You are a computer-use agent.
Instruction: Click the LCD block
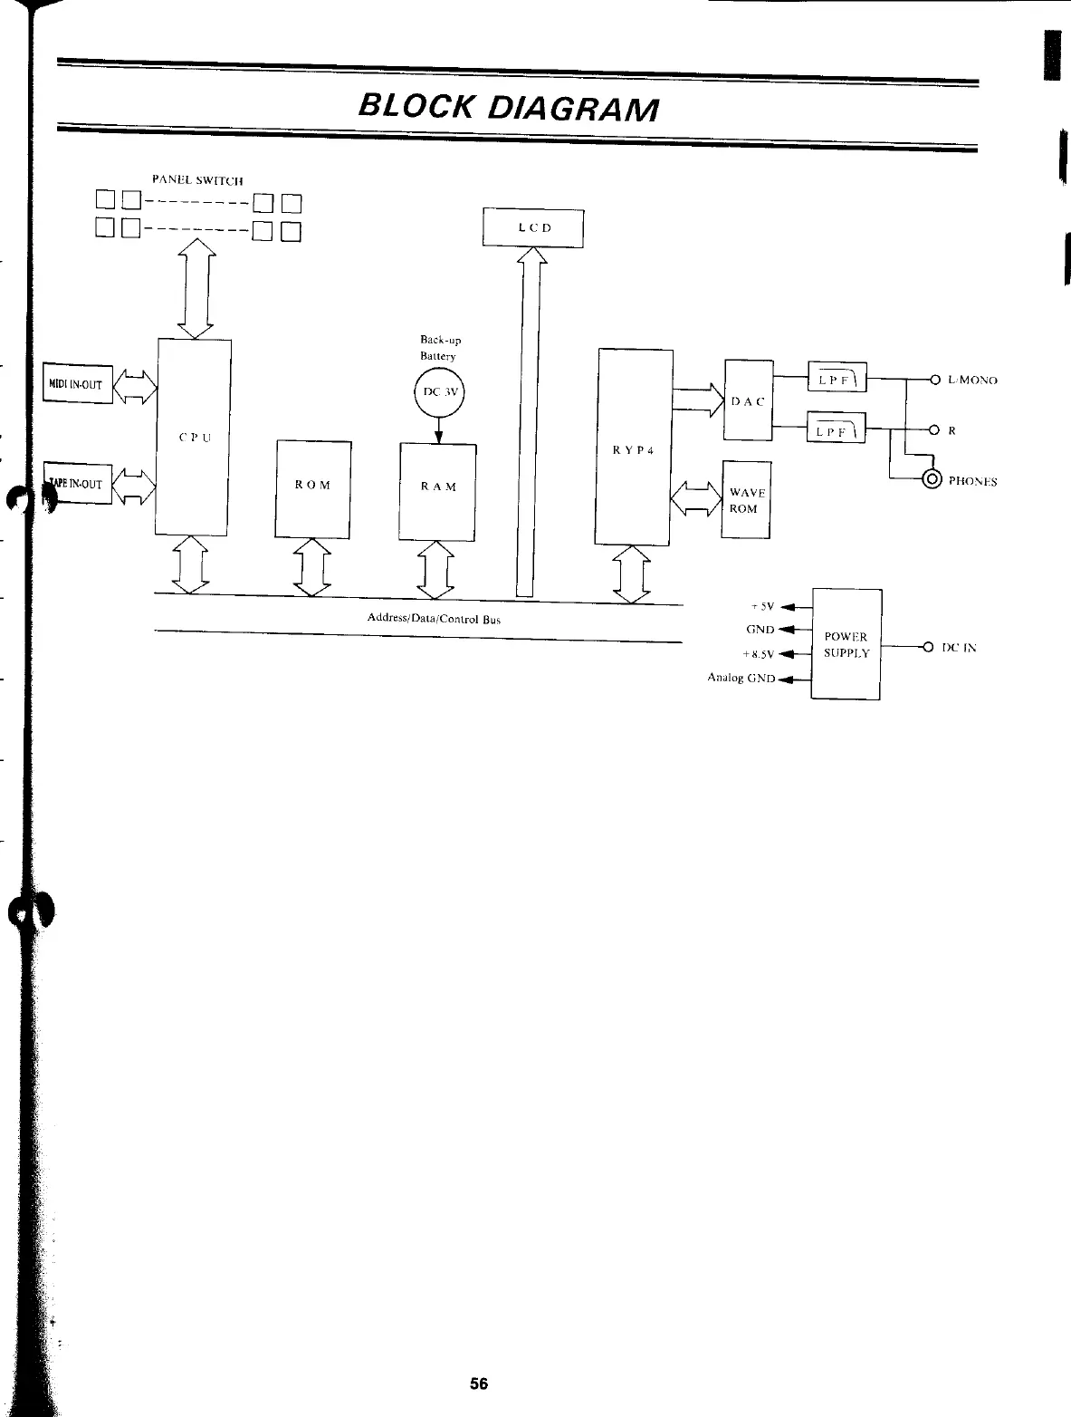tap(533, 227)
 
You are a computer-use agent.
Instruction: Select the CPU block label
tap(194, 437)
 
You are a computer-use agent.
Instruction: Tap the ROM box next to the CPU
tap(312, 486)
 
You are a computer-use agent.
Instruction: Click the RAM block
tap(438, 487)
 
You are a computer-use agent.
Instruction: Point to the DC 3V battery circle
tap(438, 393)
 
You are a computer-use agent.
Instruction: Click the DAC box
tap(748, 400)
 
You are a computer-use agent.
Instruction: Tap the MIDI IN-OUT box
tap(78, 384)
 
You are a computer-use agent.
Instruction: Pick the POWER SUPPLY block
tap(846, 644)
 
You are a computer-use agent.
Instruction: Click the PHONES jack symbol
tap(931, 480)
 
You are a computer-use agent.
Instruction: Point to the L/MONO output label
tap(972, 381)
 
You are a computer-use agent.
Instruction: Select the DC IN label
tap(959, 648)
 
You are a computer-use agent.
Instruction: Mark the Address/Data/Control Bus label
tap(433, 619)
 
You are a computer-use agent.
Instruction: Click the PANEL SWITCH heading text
tap(197, 179)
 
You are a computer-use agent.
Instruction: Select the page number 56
tap(479, 1383)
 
